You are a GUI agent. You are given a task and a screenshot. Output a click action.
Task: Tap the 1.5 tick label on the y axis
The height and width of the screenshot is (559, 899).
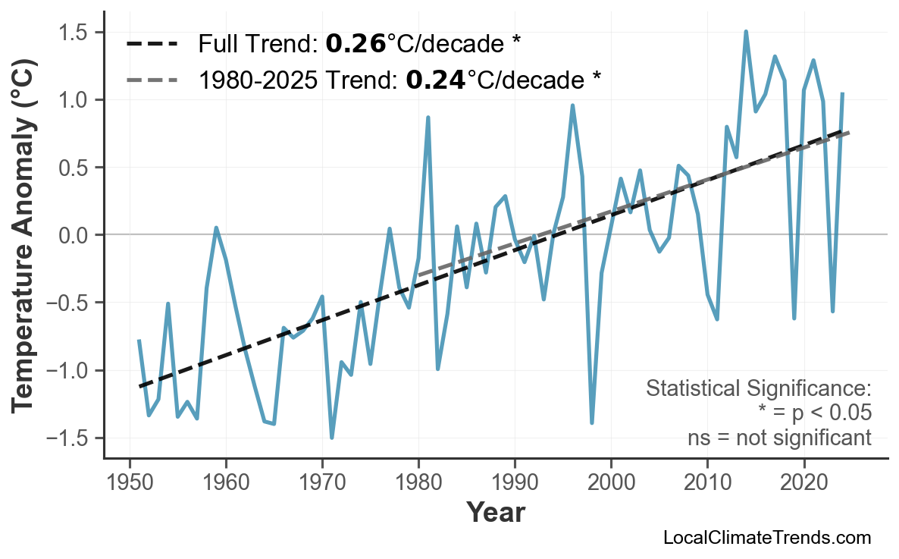click(74, 33)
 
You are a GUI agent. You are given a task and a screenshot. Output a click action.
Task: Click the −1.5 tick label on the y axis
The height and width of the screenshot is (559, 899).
click(68, 438)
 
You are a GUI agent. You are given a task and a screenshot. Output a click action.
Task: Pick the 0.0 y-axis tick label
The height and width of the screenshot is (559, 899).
click(74, 235)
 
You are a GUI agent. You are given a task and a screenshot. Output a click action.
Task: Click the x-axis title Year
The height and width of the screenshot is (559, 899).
click(495, 513)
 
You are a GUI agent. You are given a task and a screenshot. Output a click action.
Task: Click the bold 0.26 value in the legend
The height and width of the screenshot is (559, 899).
click(356, 44)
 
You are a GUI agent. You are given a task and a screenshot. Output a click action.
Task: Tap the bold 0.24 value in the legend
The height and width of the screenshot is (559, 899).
click(436, 78)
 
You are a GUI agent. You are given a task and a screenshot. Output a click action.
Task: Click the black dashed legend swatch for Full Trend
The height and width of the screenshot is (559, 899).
click(151, 44)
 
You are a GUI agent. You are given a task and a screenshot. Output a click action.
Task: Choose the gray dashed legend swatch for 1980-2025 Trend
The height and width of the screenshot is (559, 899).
click(151, 78)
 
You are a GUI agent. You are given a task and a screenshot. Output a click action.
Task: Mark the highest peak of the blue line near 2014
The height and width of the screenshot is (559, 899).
click(746, 32)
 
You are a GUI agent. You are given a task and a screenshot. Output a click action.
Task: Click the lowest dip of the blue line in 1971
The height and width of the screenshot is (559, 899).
click(332, 438)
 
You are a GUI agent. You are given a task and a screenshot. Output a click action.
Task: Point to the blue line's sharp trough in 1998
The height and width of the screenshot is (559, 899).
click(592, 422)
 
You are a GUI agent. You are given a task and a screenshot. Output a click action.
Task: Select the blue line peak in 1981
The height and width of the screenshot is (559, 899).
click(428, 118)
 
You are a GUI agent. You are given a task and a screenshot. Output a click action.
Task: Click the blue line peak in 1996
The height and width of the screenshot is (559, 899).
click(572, 105)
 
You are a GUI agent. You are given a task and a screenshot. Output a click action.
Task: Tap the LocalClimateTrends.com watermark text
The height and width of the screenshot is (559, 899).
click(766, 538)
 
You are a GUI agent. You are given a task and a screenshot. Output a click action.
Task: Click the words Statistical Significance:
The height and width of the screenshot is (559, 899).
click(758, 389)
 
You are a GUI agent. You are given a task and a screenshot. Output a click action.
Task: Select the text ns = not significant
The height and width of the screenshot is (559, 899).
click(778, 438)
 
